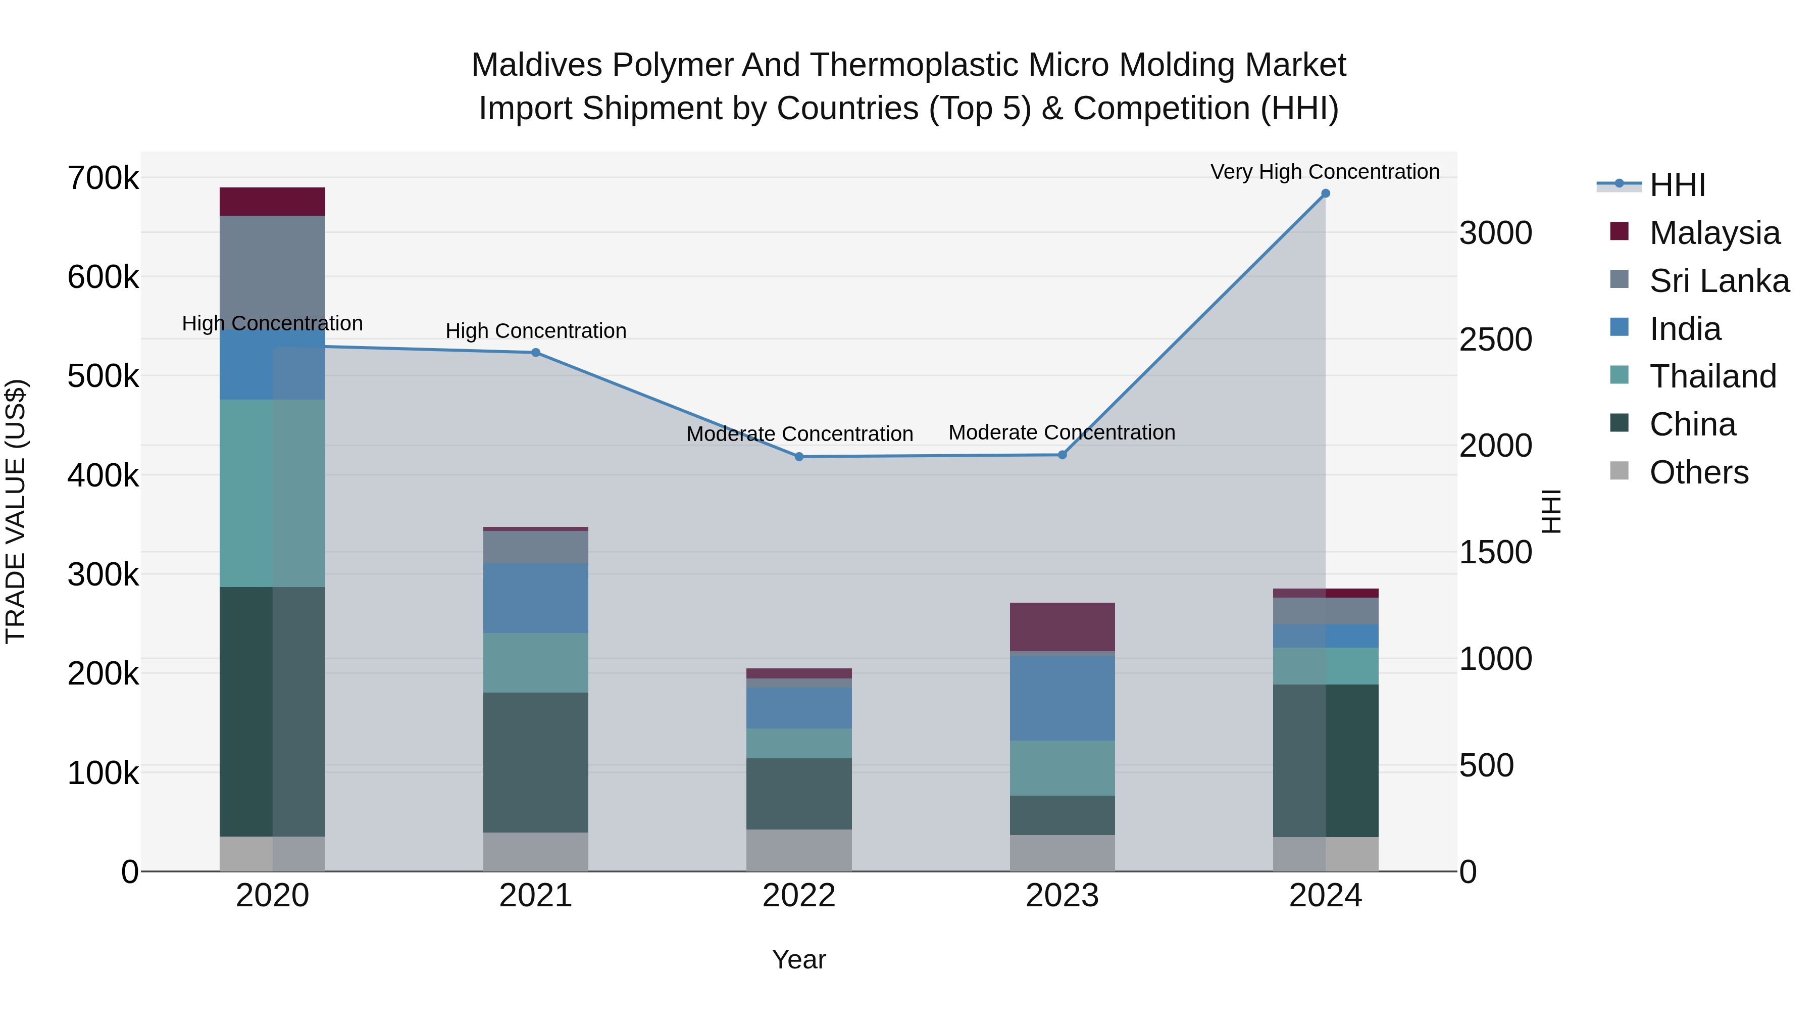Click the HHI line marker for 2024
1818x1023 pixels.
pos(1326,193)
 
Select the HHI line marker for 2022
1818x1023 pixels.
pos(799,457)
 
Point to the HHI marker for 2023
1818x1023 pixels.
pos(1062,455)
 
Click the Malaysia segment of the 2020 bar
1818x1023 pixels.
pos(272,202)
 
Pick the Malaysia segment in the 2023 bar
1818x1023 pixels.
pos(1062,627)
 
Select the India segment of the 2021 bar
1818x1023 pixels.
pos(536,598)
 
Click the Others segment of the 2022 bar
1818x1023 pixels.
pos(799,850)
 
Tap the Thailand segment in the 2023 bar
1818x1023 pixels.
pos(1062,768)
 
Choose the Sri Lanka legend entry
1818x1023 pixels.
pos(1719,281)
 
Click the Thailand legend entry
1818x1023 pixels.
pos(1713,376)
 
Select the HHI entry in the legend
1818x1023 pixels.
pos(1678,185)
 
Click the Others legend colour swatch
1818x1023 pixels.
pos(1620,471)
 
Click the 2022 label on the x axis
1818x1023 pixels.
pos(799,896)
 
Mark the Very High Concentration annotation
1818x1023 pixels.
pos(1325,172)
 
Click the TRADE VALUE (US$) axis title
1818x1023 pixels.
pos(16,511)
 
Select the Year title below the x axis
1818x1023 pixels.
pos(799,959)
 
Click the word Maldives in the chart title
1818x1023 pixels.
pos(536,65)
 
